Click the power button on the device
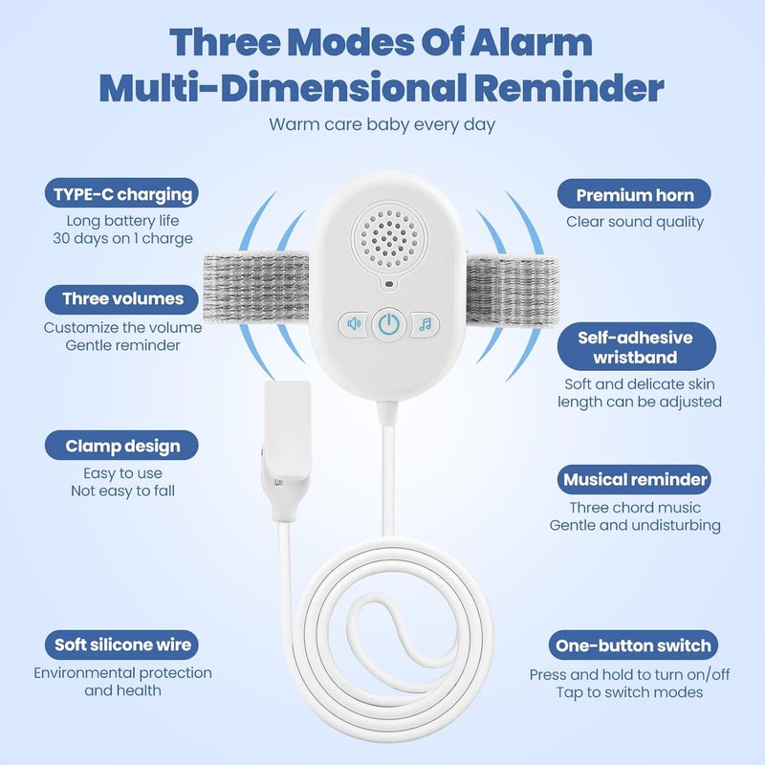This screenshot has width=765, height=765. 389,324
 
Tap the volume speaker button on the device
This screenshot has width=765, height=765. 354,323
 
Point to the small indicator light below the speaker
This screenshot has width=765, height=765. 389,283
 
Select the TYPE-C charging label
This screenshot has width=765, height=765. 122,194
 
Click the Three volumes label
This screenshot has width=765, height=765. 122,298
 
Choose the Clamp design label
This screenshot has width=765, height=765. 122,446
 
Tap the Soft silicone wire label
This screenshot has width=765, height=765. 122,645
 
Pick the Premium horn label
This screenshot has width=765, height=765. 634,195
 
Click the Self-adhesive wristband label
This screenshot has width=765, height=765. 637,347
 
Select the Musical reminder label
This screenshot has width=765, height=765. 634,480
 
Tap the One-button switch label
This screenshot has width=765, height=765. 633,645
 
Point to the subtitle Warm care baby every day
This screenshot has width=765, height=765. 382,124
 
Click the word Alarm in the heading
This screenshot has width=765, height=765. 531,42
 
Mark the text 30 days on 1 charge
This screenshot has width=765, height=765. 122,238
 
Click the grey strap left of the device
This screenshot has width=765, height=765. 255,287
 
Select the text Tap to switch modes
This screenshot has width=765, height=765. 629,692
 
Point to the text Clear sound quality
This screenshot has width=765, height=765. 635,222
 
